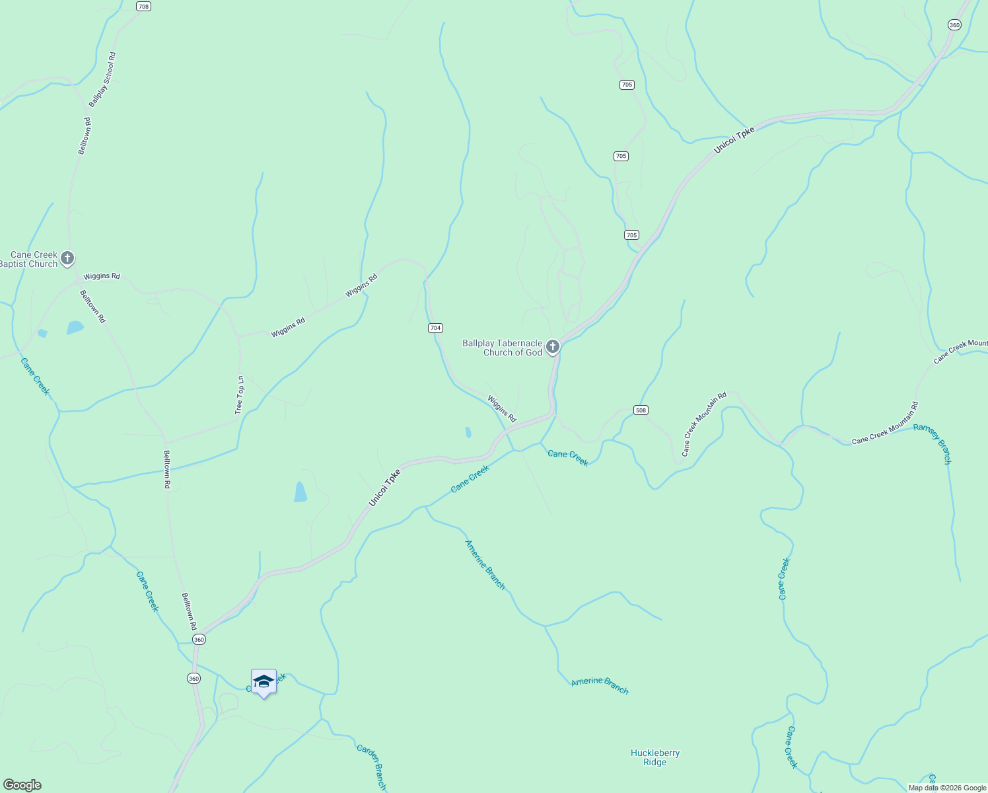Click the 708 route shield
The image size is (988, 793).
(x=143, y=6)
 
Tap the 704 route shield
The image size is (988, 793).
(x=435, y=328)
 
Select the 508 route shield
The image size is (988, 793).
(x=640, y=410)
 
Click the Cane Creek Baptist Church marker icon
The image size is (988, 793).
(x=67, y=258)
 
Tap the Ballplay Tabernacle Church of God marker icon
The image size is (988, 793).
(x=553, y=346)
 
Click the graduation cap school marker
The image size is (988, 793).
(x=264, y=682)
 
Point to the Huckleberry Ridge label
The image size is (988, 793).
(x=654, y=757)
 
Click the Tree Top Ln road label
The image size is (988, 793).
(x=240, y=395)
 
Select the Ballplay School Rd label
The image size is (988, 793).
(x=102, y=79)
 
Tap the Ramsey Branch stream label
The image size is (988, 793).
(x=933, y=443)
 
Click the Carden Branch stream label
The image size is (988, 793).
(x=371, y=767)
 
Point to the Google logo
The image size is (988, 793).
(x=22, y=785)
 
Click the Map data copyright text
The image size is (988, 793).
(x=947, y=788)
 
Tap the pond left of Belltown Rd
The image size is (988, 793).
(x=75, y=327)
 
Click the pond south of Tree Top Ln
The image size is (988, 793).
(x=300, y=492)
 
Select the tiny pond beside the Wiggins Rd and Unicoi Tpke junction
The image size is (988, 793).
(x=468, y=432)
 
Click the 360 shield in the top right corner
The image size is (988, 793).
(x=954, y=24)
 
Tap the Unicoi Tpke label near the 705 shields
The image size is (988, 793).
(x=734, y=141)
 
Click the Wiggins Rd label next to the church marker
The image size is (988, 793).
(x=101, y=276)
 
